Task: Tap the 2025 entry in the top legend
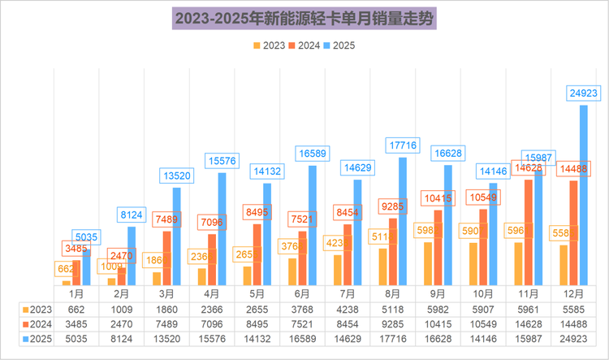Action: [341, 46]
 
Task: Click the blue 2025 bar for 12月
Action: [583, 195]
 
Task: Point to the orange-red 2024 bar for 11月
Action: [529, 232]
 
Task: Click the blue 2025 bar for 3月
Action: [176, 236]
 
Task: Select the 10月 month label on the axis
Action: [483, 293]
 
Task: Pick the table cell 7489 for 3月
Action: [166, 323]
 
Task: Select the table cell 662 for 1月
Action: [76, 309]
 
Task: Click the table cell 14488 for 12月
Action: [573, 323]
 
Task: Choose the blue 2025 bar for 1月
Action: [86, 267]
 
